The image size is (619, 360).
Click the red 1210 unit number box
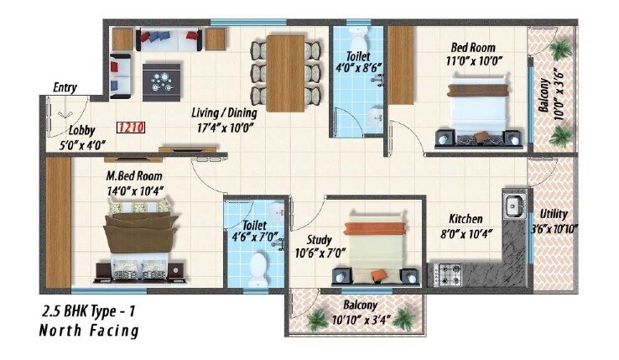click(130, 128)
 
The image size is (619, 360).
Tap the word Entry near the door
click(65, 86)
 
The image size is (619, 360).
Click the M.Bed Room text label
click(134, 176)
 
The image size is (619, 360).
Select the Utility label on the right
click(554, 214)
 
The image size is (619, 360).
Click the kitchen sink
click(512, 204)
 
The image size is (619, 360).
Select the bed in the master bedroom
click(140, 243)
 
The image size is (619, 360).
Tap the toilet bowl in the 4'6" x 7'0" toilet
click(258, 270)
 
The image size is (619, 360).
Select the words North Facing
click(88, 331)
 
